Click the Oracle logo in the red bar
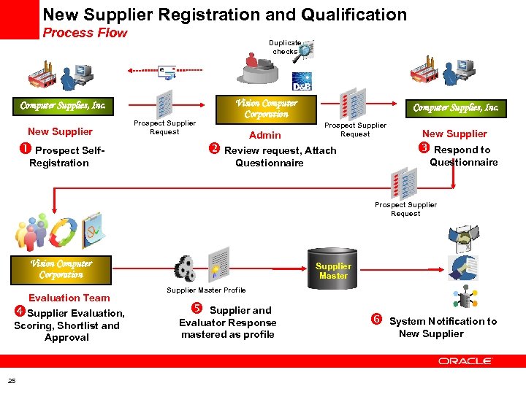tap(465, 361)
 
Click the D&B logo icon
tap(302, 80)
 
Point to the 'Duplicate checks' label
tap(285, 47)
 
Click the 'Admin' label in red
tap(264, 135)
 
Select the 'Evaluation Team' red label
tap(69, 298)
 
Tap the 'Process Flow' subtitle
tap(85, 33)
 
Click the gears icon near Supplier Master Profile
tap(185, 269)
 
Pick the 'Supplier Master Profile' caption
tap(206, 290)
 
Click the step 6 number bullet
tap(377, 320)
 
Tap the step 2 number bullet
tap(215, 150)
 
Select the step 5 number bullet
tap(197, 309)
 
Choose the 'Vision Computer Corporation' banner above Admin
tap(266, 109)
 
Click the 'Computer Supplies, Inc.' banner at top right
tap(456, 108)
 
